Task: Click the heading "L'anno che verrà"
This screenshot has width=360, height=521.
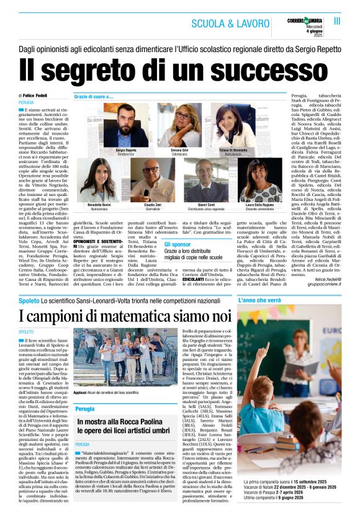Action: [259, 300]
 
